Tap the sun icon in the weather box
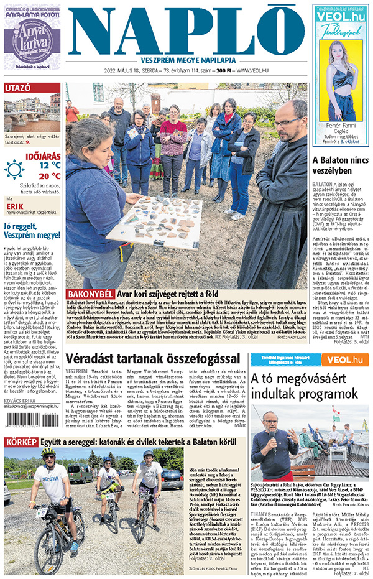(x=14, y=169)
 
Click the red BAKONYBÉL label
(x=90, y=294)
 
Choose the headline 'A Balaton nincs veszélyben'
(x=339, y=165)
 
